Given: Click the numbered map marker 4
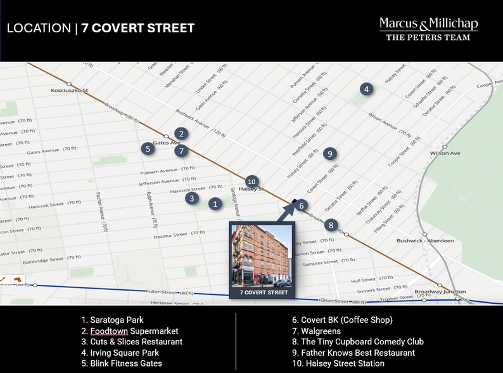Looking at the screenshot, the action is (366, 89).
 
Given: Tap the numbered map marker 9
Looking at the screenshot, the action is (329, 154).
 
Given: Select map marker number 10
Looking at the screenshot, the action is (251, 181).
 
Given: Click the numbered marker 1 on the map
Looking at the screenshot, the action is (215, 204).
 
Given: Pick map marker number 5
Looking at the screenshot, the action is (148, 149).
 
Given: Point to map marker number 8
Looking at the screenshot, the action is (331, 225).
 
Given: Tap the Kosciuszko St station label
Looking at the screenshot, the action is (70, 91).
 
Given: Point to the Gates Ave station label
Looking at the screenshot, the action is (167, 143).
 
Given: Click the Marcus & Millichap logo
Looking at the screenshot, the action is (428, 29).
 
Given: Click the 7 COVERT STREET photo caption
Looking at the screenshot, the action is (264, 292).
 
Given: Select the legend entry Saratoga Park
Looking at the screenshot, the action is (112, 320).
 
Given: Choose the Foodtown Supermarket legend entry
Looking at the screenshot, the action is (129, 331).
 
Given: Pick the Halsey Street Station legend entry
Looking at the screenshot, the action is (338, 363).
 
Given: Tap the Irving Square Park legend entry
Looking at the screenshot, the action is (120, 353).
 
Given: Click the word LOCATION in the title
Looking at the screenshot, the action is (39, 29).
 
